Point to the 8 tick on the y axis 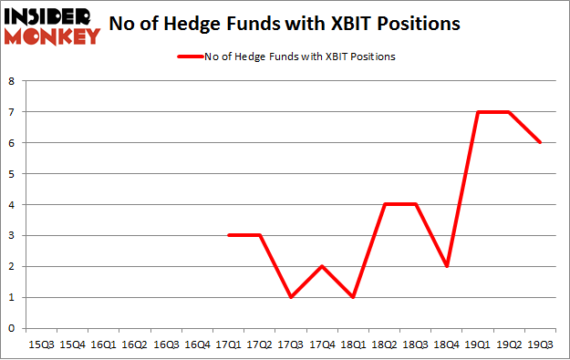pos(12,81)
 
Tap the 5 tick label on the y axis pos(12,174)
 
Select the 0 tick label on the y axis pos(12,328)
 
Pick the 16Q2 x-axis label pos(136,345)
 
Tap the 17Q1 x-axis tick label pos(229,345)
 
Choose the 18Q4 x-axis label pos(446,345)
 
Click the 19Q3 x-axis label pos(539,345)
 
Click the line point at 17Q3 pos(291,297)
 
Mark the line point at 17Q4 pos(322,266)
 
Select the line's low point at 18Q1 pos(353,297)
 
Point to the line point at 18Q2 pos(384,204)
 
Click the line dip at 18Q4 pos(446,266)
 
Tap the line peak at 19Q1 pos(477,112)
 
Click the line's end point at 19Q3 pos(539,143)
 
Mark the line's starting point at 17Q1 pos(229,235)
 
